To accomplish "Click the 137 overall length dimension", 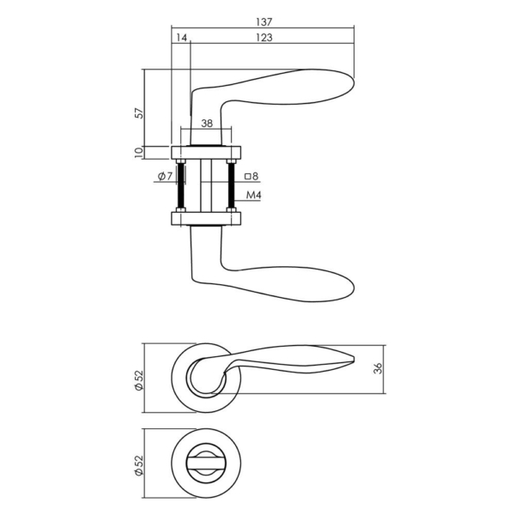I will point(262,21).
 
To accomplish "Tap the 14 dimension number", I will point(180,38).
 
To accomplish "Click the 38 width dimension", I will point(206,124).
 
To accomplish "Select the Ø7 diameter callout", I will point(165,178).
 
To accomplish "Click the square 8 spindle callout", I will point(251,178).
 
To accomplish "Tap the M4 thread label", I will point(253,196).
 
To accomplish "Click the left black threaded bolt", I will point(181,185).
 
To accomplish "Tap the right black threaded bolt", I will point(231,185).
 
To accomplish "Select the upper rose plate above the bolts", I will point(206,153).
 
